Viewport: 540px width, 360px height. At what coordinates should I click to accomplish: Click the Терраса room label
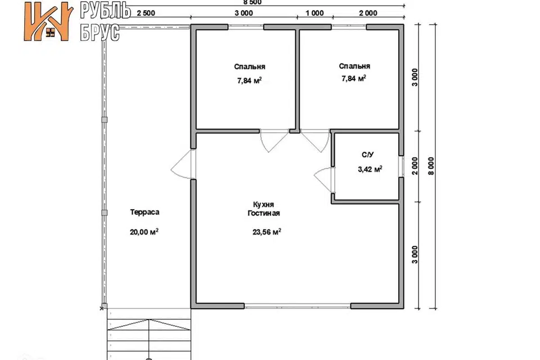pyautogui.click(x=145, y=212)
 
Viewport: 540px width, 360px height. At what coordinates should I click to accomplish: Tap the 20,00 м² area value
pyautogui.click(x=144, y=232)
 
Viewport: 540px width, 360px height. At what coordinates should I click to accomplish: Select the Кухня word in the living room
pyautogui.click(x=263, y=205)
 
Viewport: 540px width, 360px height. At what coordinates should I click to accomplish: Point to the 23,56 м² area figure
pyautogui.click(x=267, y=232)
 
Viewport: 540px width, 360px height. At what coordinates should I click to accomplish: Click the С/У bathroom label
pyautogui.click(x=368, y=155)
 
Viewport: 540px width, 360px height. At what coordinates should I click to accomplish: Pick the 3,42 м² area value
pyautogui.click(x=370, y=169)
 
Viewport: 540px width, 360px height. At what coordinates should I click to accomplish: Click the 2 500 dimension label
pyautogui.click(x=146, y=13)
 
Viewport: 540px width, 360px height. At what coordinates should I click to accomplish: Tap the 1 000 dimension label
pyautogui.click(x=315, y=13)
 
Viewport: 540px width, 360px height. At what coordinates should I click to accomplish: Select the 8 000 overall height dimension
pyautogui.click(x=431, y=166)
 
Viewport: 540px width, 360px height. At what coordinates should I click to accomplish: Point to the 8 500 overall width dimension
pyautogui.click(x=253, y=2)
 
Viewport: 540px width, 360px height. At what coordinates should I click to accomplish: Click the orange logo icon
pyautogui.click(x=48, y=21)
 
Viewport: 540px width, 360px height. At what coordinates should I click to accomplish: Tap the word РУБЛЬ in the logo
pyautogui.click(x=105, y=10)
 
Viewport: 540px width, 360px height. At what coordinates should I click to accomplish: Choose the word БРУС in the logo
pyautogui.click(x=100, y=33)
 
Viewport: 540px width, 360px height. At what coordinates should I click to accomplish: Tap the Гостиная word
pyautogui.click(x=264, y=213)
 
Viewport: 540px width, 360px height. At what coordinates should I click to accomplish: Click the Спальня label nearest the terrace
pyautogui.click(x=250, y=66)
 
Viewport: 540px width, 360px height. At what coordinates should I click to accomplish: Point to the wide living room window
pyautogui.click(x=298, y=305)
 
